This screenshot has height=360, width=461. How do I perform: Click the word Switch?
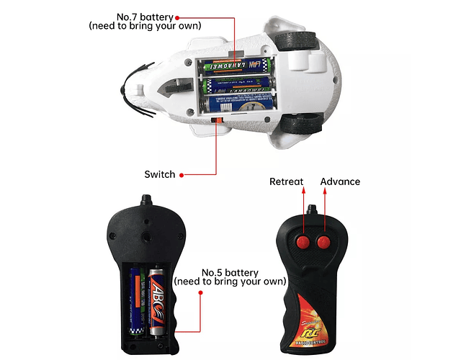pos(159,174)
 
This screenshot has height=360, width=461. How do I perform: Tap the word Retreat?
pos(287,181)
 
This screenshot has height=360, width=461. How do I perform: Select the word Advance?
pos(340,181)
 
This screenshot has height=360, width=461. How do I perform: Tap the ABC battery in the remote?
pos(157,301)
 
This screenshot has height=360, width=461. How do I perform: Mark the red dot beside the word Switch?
pos(182,174)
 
